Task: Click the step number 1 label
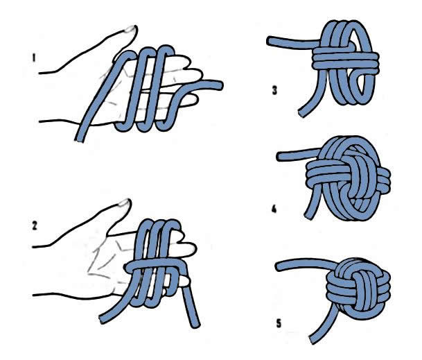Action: (33, 60)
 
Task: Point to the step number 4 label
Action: (274, 207)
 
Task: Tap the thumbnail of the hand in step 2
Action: (124, 203)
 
